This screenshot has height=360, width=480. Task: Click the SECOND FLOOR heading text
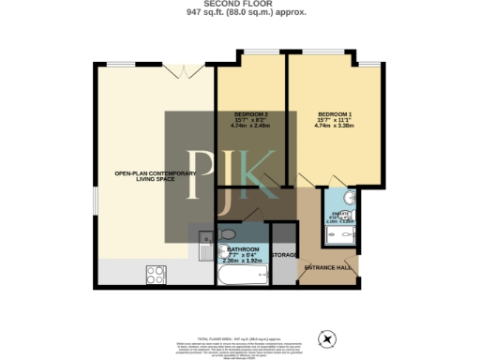coord(239,5)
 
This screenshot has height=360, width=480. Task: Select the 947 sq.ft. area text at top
coord(239,15)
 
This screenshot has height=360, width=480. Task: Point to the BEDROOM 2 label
coord(251,113)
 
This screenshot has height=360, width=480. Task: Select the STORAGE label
coord(284,255)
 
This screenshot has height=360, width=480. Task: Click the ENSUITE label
coord(343,215)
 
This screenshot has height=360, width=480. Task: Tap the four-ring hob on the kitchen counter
coord(156,274)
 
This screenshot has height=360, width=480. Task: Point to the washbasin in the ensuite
coord(347,199)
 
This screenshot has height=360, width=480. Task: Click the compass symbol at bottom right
coord(327,338)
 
